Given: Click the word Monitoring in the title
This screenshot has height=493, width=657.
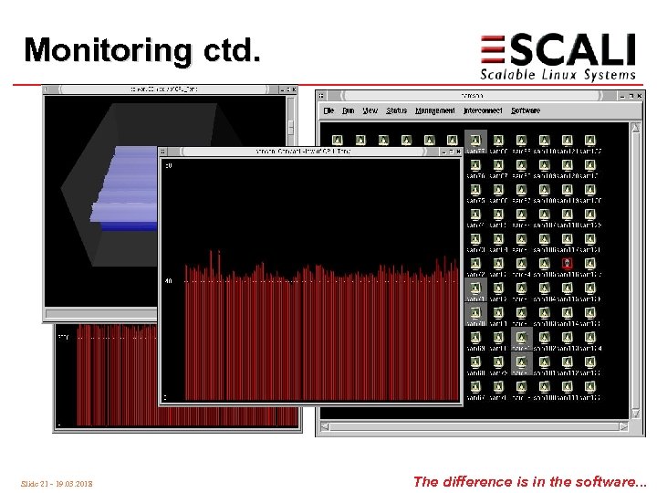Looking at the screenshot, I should click(109, 49).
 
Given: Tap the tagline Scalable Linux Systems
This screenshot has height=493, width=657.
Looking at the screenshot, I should click(558, 74).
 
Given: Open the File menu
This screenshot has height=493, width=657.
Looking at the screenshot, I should click(328, 110).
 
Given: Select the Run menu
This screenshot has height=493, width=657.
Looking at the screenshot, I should click(349, 110).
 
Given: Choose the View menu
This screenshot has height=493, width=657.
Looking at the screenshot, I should click(370, 110).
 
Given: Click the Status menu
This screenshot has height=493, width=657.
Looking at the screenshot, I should click(396, 110).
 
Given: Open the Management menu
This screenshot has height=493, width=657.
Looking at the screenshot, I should click(434, 110).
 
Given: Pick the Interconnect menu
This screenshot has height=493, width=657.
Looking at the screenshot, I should click(482, 110).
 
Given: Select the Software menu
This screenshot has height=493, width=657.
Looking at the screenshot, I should click(525, 110).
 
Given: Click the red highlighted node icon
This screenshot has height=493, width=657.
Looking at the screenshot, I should click(567, 263).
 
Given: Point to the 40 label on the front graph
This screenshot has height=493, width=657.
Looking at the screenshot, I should click(168, 281).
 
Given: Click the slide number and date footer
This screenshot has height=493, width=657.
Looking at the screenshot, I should click(57, 483).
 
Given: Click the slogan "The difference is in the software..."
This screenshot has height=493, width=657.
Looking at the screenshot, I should click(529, 481).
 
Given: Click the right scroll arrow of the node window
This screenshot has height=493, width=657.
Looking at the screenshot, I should click(624, 427).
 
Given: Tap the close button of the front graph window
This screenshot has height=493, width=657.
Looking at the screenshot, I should click(455, 151).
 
